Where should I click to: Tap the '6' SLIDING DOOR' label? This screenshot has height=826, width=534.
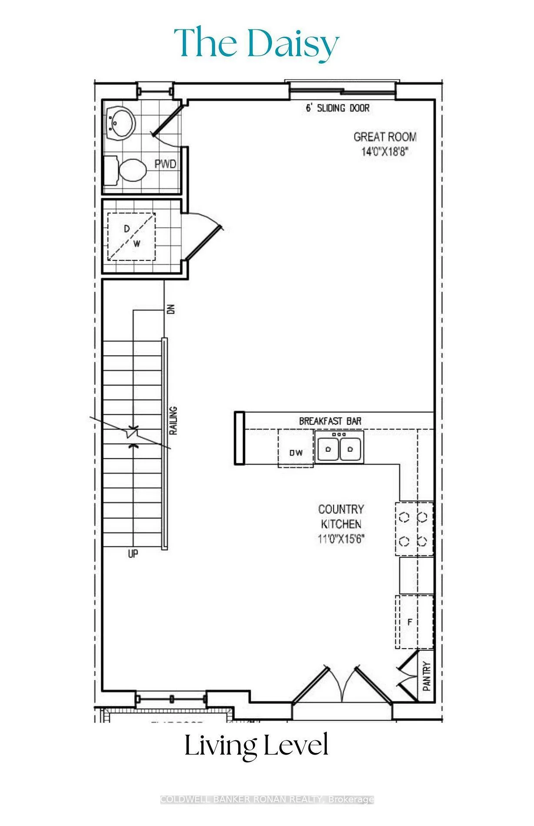pyautogui.click(x=338, y=108)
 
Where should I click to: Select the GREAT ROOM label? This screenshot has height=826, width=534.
pyautogui.click(x=385, y=137)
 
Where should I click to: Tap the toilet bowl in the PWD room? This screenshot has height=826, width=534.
pyautogui.click(x=132, y=170)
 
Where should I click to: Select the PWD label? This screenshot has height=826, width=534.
pyautogui.click(x=166, y=164)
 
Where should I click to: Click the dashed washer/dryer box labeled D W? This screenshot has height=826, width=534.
pyautogui.click(x=131, y=236)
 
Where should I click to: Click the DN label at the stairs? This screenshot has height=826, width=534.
pyautogui.click(x=171, y=309)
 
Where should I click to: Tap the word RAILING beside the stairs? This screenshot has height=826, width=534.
pyautogui.click(x=173, y=421)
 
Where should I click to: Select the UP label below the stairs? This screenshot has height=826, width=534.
pyautogui.click(x=133, y=554)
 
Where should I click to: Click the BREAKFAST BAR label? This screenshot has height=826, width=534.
pyautogui.click(x=330, y=421)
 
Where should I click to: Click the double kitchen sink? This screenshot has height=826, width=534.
pyautogui.click(x=339, y=448)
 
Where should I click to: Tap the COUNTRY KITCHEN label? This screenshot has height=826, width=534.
pyautogui.click(x=341, y=516)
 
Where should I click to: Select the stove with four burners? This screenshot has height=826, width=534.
pyautogui.click(x=414, y=529)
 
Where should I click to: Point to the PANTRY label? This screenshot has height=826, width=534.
pyautogui.click(x=427, y=676)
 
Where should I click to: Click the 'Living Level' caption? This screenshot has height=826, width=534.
pyautogui.click(x=256, y=746)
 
